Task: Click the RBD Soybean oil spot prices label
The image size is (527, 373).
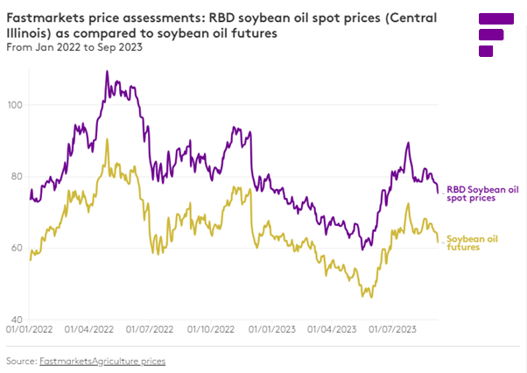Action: click(482, 194)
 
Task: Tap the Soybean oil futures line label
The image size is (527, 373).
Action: click(473, 243)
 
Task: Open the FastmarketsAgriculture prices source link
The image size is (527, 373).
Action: click(102, 361)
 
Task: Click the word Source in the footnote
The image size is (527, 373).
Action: click(20, 361)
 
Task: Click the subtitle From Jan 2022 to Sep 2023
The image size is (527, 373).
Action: click(74, 47)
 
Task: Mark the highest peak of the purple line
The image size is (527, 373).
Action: click(107, 72)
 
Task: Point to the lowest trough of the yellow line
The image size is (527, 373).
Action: click(371, 297)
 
